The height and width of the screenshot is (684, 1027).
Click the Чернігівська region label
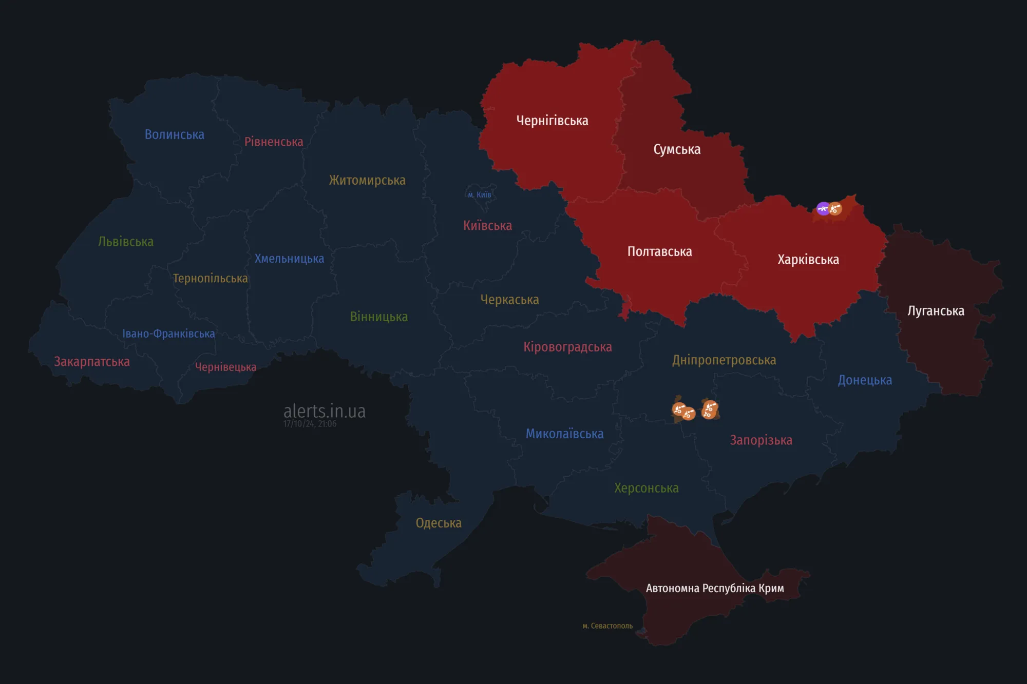[x=552, y=121]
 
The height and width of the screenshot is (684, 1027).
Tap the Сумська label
[x=677, y=149]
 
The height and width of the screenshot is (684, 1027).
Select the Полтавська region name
[x=659, y=251]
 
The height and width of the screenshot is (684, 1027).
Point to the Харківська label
[x=808, y=260]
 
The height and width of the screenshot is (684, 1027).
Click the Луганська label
[x=936, y=311]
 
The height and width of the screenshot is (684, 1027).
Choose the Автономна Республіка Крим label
[x=714, y=588]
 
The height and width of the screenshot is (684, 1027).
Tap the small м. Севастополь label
[x=607, y=626]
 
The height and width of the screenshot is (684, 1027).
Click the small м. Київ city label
[x=479, y=195]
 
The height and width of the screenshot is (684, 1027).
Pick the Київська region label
[x=487, y=226]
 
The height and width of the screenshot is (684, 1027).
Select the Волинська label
[x=174, y=134]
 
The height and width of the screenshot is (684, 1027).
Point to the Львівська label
[x=126, y=242]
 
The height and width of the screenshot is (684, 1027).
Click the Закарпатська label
[x=92, y=362]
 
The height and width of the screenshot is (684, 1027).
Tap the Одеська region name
[x=439, y=523]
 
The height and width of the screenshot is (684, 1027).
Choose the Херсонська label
[x=646, y=488]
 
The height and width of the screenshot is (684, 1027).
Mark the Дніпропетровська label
[x=724, y=360]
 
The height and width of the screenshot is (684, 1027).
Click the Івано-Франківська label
[x=168, y=334]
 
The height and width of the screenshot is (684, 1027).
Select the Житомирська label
[x=367, y=180]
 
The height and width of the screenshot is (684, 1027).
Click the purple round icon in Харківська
[x=823, y=208]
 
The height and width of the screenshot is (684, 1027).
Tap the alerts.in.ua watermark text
[x=325, y=411]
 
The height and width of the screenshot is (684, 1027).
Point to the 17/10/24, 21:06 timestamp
[x=310, y=424]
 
